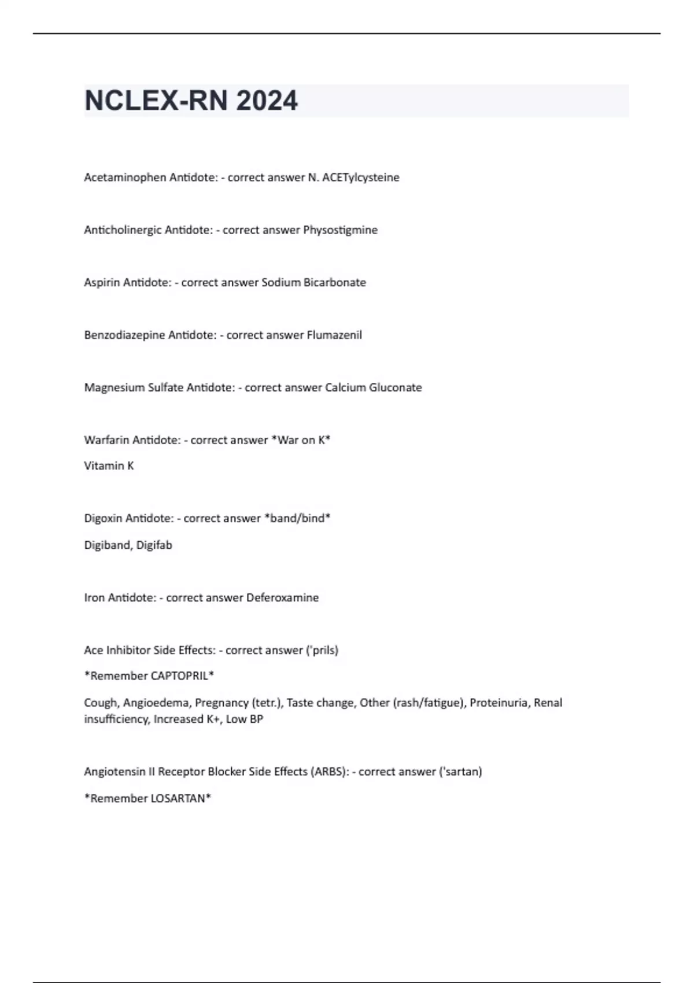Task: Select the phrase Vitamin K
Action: [109, 466]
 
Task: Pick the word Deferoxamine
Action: [283, 598]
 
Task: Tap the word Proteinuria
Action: [499, 703]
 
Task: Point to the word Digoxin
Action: [103, 519]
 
